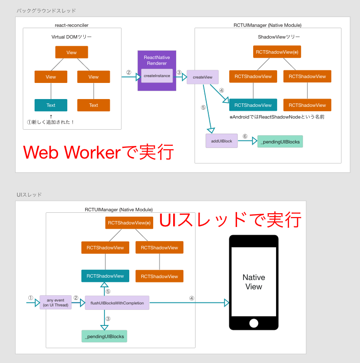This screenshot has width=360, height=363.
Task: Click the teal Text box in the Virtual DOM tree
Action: [x=51, y=105]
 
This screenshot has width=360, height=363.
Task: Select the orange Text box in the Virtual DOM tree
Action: [x=93, y=105]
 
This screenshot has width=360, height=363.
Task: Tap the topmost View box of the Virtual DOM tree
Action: [x=71, y=52]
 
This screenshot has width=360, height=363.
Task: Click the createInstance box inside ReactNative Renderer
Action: [x=157, y=76]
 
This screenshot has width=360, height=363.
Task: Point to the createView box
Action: [x=202, y=77]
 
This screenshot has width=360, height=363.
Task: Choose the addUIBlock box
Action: [x=221, y=141]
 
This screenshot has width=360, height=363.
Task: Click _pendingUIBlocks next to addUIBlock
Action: [x=280, y=141]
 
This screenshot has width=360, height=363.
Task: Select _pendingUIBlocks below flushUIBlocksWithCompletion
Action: [x=104, y=336]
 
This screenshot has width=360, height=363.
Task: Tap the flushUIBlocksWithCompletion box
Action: [x=117, y=303]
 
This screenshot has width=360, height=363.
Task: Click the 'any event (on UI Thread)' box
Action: [x=55, y=302]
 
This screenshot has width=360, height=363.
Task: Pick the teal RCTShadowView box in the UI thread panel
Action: [x=105, y=276]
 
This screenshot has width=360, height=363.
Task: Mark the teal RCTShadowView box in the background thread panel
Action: [x=253, y=105]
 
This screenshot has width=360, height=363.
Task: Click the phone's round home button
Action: [x=254, y=323]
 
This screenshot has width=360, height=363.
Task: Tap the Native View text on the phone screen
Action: [x=254, y=282]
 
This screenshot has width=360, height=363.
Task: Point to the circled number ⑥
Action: [x=245, y=137]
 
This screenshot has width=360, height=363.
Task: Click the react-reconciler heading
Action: [x=72, y=25]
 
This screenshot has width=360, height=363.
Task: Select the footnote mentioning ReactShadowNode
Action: [x=277, y=117]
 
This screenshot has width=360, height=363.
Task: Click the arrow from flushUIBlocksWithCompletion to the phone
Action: [x=188, y=303]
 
